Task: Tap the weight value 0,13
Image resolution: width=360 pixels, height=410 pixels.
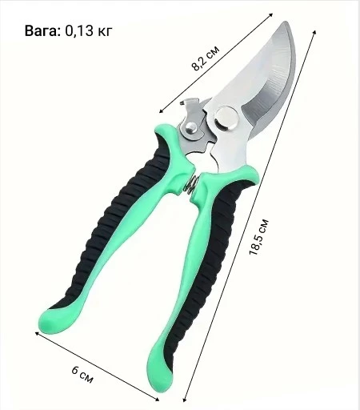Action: pyautogui.click(x=79, y=30)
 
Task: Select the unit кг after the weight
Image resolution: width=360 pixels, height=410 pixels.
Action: pyautogui.click(x=104, y=32)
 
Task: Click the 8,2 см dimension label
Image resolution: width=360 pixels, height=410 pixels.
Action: pyautogui.click(x=206, y=58)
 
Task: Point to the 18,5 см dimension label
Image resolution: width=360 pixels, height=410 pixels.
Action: pyautogui.click(x=258, y=237)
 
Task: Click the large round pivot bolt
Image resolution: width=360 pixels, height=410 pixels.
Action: pyautogui.click(x=226, y=119)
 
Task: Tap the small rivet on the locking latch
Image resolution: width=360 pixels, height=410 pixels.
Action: pyautogui.click(x=191, y=127)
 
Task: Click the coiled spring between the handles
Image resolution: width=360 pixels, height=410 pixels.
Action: pyautogui.click(x=192, y=183)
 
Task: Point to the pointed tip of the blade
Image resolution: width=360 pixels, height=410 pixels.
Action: pyautogui.click(x=286, y=22)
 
